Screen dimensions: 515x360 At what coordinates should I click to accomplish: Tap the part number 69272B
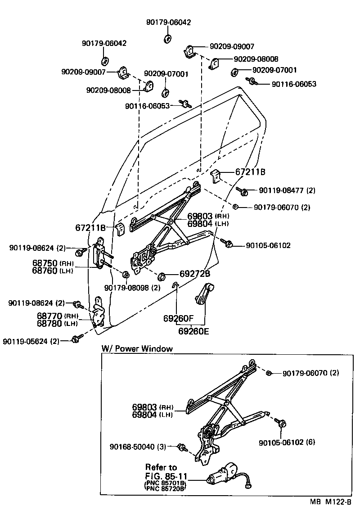click(195, 273)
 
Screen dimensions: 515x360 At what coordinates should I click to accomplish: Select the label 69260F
click(178, 318)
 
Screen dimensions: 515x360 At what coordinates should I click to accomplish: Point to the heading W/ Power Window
click(137, 348)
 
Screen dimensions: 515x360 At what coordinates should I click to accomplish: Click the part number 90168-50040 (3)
click(138, 447)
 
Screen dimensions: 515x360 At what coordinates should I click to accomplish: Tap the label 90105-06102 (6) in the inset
click(287, 442)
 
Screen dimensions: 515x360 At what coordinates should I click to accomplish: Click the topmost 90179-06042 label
click(168, 22)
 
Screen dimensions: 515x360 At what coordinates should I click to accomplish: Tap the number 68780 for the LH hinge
click(47, 323)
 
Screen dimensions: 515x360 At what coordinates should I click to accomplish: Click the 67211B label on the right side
click(250, 172)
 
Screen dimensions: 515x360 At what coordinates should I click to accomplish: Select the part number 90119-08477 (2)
click(287, 190)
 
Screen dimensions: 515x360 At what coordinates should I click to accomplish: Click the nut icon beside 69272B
click(163, 276)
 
